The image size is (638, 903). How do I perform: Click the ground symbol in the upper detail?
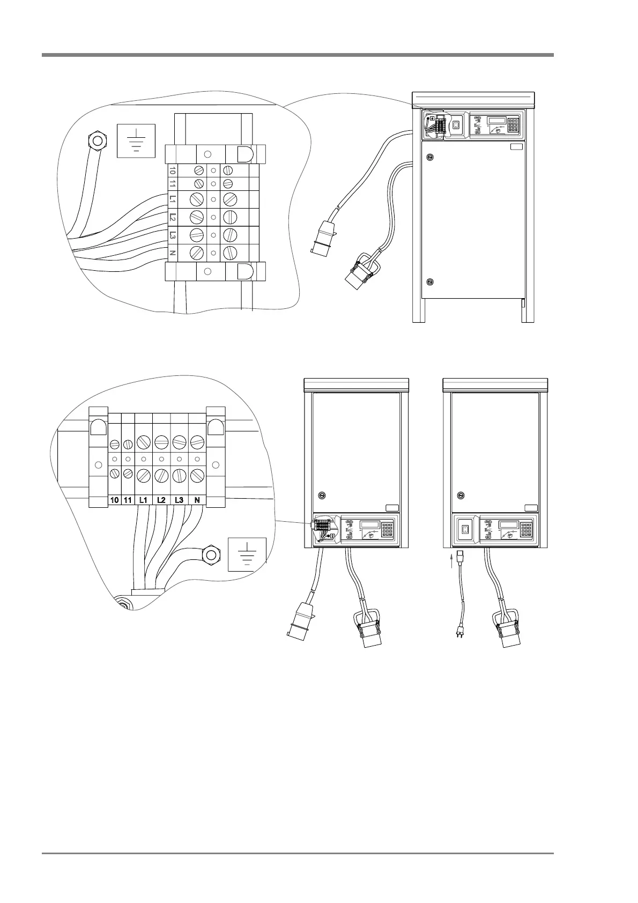point(136,140)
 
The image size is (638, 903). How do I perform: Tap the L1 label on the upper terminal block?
point(172,198)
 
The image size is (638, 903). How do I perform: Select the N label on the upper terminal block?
point(172,252)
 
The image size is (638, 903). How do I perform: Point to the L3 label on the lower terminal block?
point(179,500)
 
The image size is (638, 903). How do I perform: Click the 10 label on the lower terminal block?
point(114,500)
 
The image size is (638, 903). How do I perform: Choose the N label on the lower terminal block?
point(197,500)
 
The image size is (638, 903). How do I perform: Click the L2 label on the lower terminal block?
point(161,500)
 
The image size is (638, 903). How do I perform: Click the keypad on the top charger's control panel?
point(513,125)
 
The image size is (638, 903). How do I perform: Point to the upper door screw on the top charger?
point(429,157)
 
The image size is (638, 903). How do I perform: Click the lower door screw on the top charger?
point(429,282)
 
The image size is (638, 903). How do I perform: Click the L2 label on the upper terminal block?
point(172,217)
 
